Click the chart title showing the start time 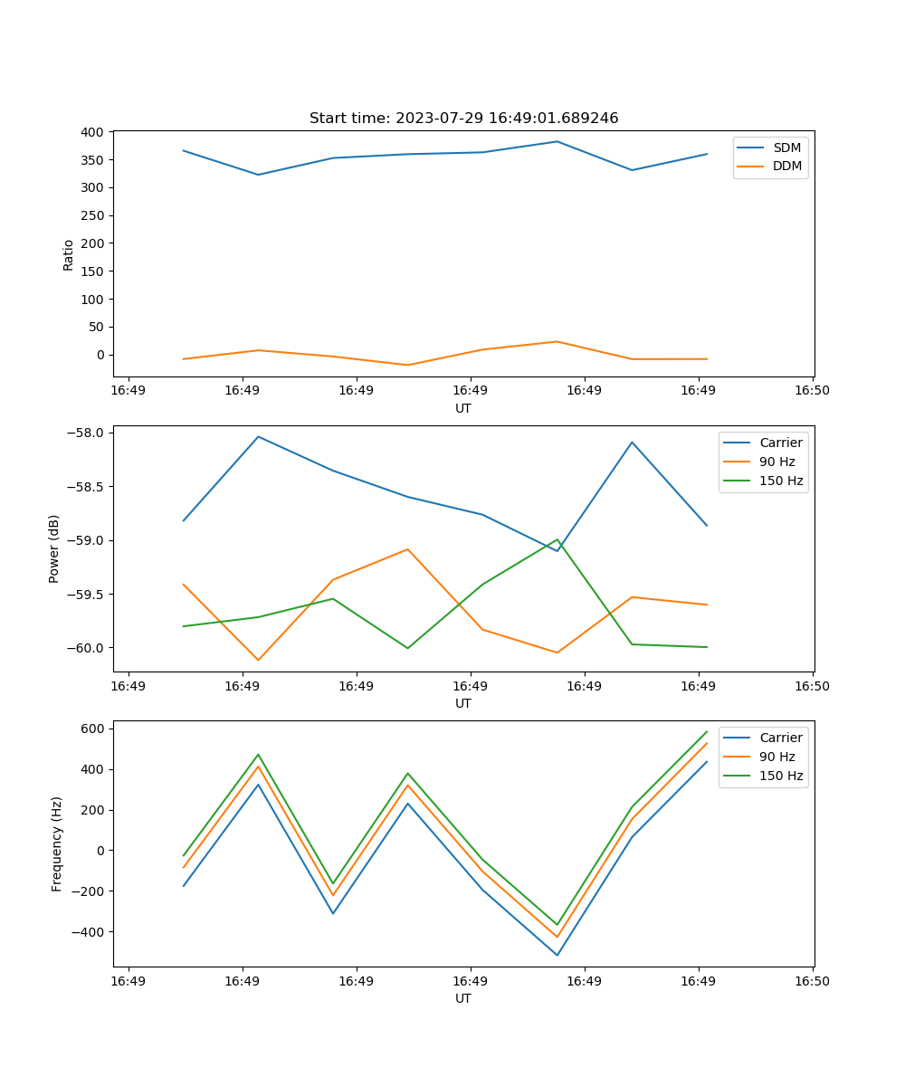pos(463,119)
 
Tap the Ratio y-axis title pos(69,253)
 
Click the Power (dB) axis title pos(54,548)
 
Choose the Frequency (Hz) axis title pos(56,843)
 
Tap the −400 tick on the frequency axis pos(90,932)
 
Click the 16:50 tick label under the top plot pos(812,391)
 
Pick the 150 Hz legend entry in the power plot pos(781,481)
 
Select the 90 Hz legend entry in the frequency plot pos(777,757)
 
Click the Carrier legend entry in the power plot pos(780,443)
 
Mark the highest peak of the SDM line pos(557,141)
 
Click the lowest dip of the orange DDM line pos(407,365)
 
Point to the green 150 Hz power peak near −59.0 pos(557,540)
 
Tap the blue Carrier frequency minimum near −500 pos(557,955)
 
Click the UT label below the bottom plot pos(463,998)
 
